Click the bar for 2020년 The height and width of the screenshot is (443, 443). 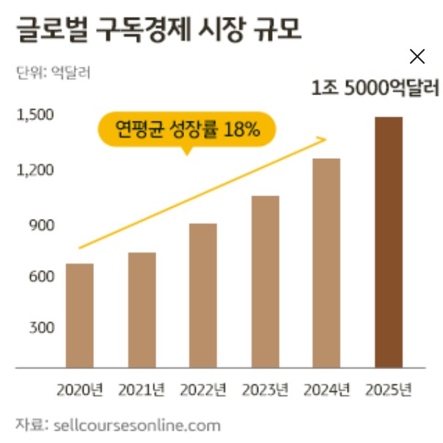(x=79, y=315)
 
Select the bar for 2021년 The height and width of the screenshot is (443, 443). (x=142, y=310)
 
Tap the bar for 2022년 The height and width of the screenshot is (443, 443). (x=203, y=295)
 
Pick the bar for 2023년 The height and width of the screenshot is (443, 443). (x=265, y=281)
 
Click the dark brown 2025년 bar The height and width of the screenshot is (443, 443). (x=388, y=242)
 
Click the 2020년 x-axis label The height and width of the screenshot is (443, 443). (x=79, y=390)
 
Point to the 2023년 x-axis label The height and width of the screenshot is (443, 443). (x=265, y=390)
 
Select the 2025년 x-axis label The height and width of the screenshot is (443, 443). (x=388, y=390)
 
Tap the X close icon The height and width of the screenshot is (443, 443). (x=417, y=56)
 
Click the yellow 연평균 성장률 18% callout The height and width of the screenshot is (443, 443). (x=187, y=130)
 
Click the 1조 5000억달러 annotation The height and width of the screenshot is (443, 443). (x=374, y=90)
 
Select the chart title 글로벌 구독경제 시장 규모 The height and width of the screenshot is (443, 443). (x=158, y=31)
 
